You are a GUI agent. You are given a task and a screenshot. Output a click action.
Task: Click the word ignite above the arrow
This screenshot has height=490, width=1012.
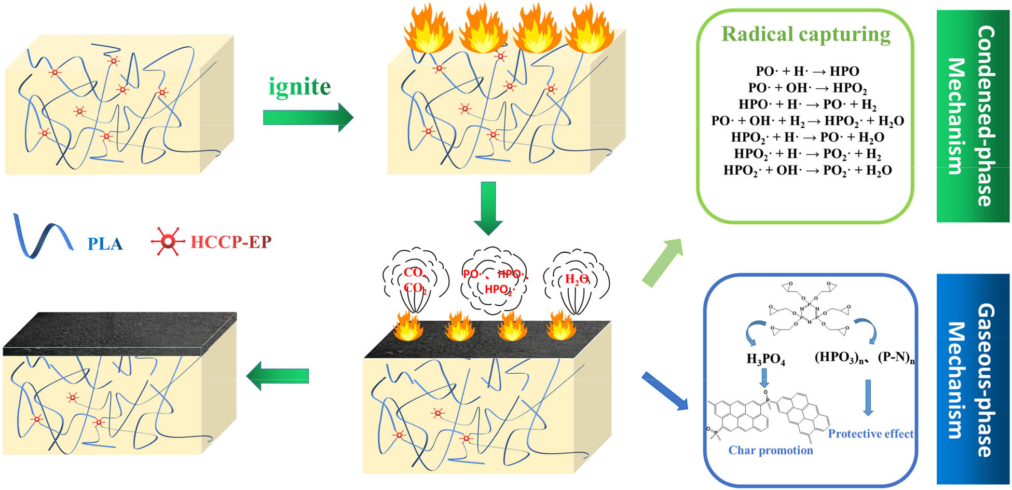(x=299, y=87)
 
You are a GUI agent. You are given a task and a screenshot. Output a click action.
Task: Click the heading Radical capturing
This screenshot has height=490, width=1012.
(x=806, y=34)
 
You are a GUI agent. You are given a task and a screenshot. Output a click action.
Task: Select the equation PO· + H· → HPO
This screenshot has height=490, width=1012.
(x=808, y=71)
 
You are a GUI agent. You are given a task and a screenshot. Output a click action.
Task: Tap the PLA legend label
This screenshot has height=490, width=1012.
(x=105, y=243)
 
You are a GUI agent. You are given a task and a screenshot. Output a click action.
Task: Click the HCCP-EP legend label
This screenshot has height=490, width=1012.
(x=231, y=242)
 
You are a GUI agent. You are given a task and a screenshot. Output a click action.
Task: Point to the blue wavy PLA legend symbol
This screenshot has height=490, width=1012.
(x=42, y=237)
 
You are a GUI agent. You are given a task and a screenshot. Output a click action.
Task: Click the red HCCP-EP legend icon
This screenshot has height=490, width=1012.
(x=167, y=241)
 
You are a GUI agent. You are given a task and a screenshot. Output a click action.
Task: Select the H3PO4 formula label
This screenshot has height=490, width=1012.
(x=765, y=359)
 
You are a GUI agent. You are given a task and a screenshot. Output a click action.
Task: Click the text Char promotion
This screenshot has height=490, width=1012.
(x=771, y=450)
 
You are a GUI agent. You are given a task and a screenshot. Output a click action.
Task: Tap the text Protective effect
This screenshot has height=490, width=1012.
(x=870, y=434)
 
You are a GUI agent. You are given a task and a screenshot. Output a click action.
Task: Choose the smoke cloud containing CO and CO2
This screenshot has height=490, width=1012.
(x=415, y=280)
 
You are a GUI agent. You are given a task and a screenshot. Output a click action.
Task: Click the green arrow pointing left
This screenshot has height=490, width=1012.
(x=278, y=376)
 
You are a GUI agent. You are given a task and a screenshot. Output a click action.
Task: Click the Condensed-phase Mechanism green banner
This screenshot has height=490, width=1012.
(x=973, y=116)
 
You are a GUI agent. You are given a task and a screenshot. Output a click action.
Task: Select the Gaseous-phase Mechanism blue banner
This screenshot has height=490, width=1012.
(x=973, y=379)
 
